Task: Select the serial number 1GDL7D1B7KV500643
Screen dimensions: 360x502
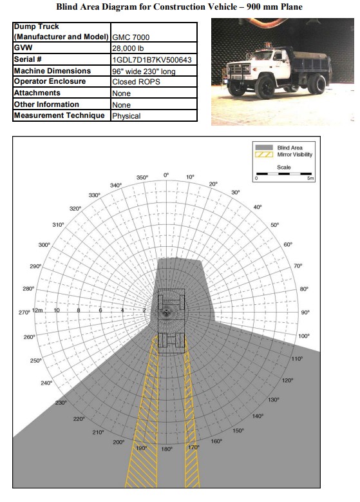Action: coord(152,60)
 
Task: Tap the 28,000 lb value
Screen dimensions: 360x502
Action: coord(128,48)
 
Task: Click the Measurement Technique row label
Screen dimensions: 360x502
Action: coord(59,115)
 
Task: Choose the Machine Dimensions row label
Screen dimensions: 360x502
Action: coord(52,71)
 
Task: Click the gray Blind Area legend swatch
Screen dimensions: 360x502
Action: coord(264,148)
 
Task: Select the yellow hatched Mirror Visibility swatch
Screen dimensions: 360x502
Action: coord(264,155)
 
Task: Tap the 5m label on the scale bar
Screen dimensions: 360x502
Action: coord(310,179)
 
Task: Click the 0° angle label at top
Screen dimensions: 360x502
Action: coord(166,175)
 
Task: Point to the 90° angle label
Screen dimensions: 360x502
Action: coord(305,312)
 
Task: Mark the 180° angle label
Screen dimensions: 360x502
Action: coord(167,449)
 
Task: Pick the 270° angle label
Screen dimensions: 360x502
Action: coord(24,312)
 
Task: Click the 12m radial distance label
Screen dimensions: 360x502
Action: coord(37,310)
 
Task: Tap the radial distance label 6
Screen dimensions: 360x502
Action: coord(100,310)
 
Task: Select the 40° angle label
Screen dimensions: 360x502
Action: coord(257,207)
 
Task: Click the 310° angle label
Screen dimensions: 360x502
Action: coord(58,225)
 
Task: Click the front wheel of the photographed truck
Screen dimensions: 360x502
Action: coord(265,87)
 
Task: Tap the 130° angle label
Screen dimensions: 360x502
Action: coord(273,400)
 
